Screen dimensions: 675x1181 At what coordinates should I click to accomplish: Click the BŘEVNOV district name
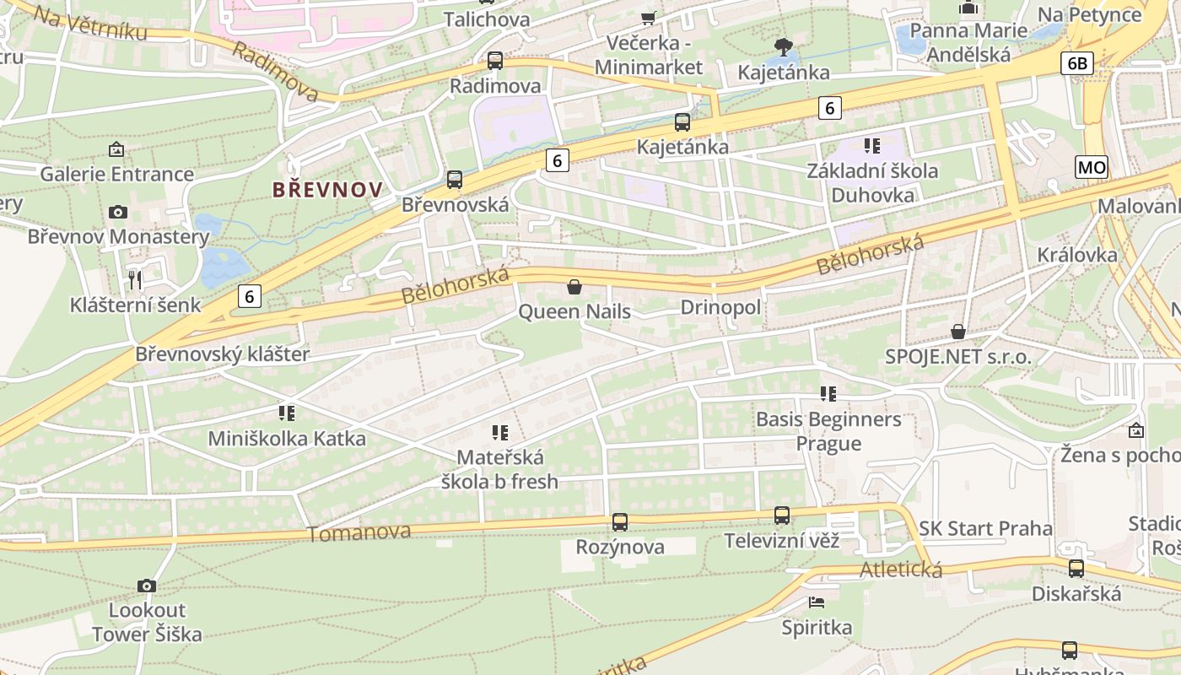327,190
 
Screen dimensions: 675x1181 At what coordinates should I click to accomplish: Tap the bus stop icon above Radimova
495,61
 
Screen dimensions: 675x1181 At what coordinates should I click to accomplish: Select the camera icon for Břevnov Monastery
118,212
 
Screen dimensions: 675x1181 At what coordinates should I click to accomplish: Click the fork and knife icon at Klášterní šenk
135,279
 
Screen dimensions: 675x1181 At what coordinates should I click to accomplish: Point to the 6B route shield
1078,63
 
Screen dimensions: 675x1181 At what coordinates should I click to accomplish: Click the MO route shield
1092,167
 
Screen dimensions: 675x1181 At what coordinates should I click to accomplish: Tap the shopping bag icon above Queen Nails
574,287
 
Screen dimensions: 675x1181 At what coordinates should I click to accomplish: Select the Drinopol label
720,307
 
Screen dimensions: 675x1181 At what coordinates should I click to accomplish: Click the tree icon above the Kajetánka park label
784,46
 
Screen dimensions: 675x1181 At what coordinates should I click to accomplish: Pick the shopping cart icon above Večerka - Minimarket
648,18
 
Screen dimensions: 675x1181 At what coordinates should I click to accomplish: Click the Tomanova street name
359,532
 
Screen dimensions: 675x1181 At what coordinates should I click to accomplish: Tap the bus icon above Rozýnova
620,521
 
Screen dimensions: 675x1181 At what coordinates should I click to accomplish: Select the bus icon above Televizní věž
782,515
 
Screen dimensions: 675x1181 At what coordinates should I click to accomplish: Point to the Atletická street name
900,570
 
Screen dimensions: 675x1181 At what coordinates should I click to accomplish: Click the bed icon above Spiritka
816,602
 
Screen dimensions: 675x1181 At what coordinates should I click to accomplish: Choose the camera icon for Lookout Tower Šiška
147,585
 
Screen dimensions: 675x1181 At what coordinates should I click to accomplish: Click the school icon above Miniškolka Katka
287,413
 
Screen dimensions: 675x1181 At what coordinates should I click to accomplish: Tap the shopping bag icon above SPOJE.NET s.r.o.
958,332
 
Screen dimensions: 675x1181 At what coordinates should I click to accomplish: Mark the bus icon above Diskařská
1076,569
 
